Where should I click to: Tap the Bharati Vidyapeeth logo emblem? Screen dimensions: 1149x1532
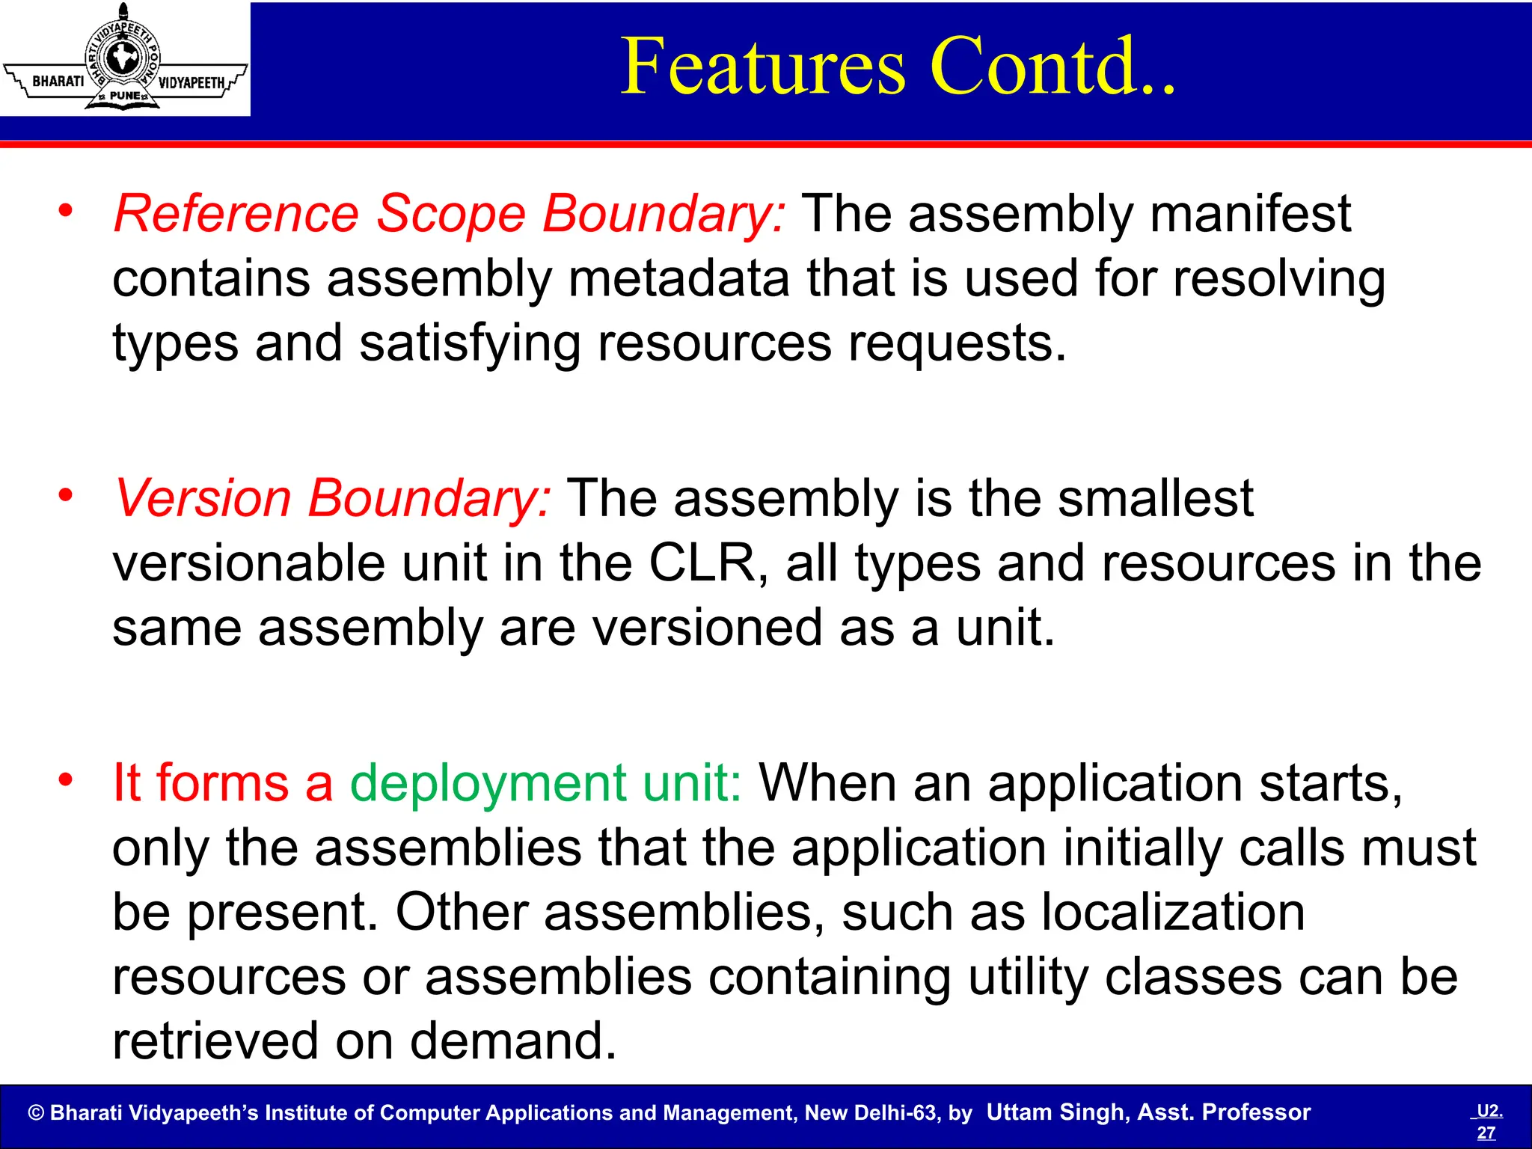coord(124,58)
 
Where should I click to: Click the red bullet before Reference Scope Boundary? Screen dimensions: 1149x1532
coord(66,211)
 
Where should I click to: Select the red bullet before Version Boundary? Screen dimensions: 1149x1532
coord(66,495)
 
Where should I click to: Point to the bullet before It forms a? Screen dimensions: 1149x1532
coord(66,780)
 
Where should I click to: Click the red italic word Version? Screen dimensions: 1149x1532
coord(202,498)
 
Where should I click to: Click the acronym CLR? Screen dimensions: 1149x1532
coord(702,563)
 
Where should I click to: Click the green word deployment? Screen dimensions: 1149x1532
coord(487,783)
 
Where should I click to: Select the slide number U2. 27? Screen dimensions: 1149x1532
coord(1488,1121)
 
